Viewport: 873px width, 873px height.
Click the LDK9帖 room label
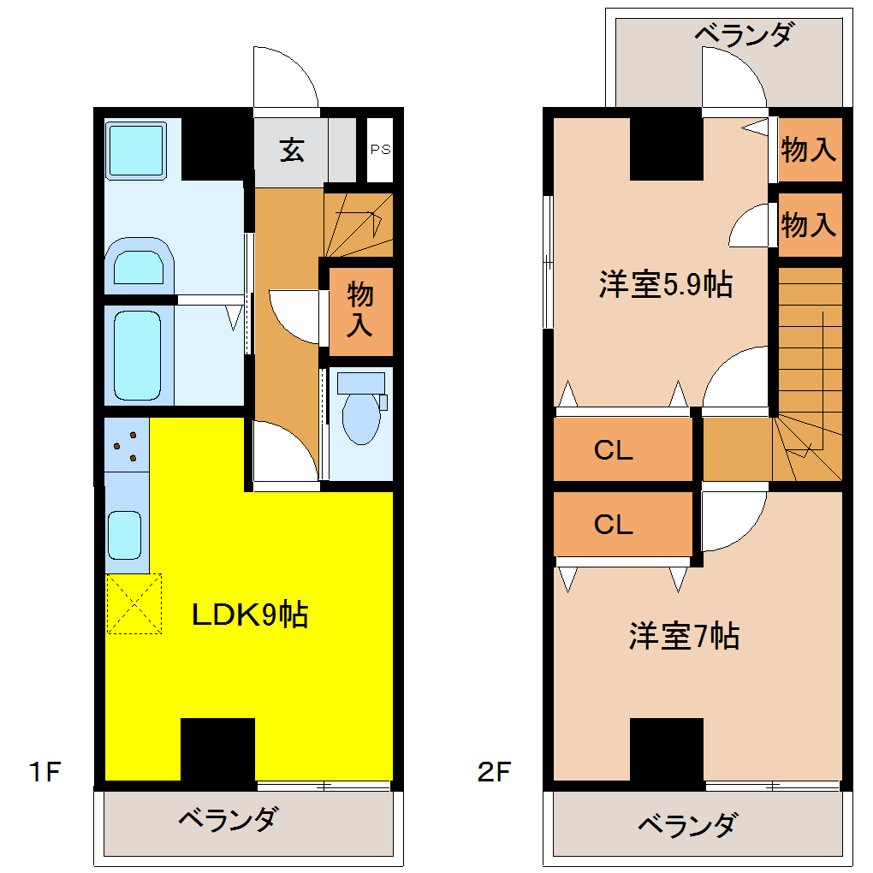point(249,615)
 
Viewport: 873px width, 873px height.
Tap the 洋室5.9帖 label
point(665,284)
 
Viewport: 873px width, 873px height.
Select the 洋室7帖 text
point(684,636)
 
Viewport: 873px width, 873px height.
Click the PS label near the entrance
point(380,149)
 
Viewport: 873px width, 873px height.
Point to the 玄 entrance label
point(292,151)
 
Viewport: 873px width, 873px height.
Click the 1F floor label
point(44,773)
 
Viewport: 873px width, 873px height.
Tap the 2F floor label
point(494,773)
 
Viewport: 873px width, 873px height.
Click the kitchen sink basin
point(125,535)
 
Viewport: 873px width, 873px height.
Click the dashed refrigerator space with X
point(134,604)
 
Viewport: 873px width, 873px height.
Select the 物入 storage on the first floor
point(360,310)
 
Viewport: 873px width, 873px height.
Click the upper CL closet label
point(614,450)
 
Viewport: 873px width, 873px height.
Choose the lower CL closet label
point(614,524)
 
